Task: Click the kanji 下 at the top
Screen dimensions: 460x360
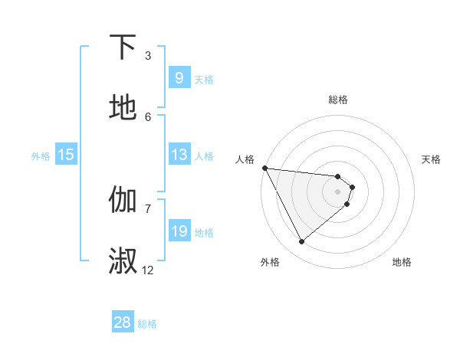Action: click(x=123, y=47)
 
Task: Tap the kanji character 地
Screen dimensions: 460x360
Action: click(x=123, y=108)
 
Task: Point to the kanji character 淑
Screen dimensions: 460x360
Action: click(x=123, y=260)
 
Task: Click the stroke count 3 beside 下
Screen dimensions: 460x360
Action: click(x=148, y=55)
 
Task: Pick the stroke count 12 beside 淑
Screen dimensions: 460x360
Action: click(x=148, y=270)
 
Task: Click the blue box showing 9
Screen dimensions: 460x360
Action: click(x=179, y=78)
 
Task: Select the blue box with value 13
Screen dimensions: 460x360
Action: click(x=179, y=155)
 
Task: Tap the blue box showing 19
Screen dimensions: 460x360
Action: click(x=179, y=231)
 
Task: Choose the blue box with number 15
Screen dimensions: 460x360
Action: click(x=66, y=155)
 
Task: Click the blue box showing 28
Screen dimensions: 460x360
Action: click(x=123, y=322)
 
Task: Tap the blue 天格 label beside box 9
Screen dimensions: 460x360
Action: click(x=204, y=80)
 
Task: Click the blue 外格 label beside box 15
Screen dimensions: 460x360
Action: click(x=41, y=156)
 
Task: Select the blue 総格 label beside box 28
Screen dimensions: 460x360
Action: click(x=148, y=324)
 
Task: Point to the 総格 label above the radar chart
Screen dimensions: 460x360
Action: click(x=338, y=100)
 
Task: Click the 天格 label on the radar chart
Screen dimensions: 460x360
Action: click(x=432, y=159)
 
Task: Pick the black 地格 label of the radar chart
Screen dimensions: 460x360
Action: click(x=402, y=262)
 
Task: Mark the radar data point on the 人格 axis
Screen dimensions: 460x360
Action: click(x=264, y=168)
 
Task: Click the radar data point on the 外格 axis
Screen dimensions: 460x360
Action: click(x=301, y=242)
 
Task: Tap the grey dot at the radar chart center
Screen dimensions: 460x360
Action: click(x=338, y=191)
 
